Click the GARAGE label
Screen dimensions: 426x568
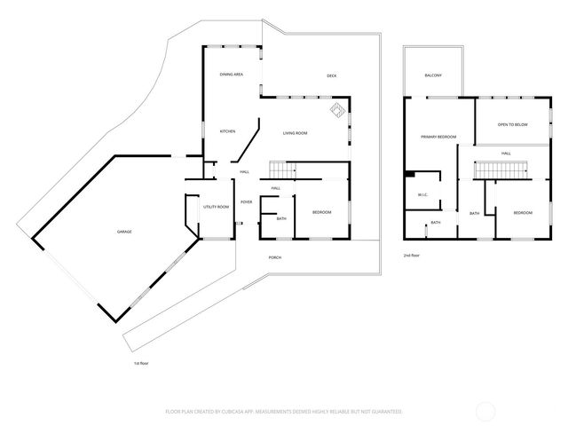coord(124,232)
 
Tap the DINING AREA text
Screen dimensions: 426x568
coord(232,75)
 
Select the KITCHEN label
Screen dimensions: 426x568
coord(227,131)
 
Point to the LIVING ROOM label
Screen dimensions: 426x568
coord(295,133)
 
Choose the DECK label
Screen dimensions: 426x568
coord(331,75)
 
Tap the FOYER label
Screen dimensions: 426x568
coord(246,202)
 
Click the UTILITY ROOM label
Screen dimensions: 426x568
coord(216,207)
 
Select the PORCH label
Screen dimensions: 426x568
coord(275,257)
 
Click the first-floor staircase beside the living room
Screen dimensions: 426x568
coord(282,169)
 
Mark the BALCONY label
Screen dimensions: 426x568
coord(433,75)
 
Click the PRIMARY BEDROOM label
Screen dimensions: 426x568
coord(438,137)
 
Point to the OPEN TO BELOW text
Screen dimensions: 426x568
coord(512,124)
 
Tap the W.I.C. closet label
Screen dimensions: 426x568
coord(422,195)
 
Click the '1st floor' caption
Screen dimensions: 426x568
coord(140,363)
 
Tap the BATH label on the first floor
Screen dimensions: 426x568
coord(281,218)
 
